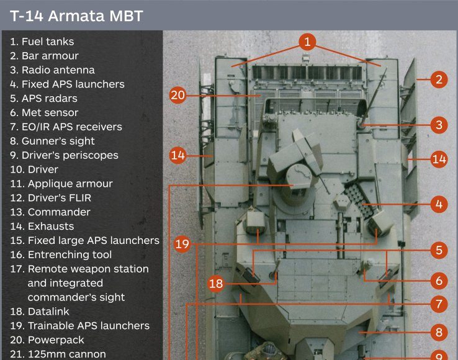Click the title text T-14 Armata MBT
76,16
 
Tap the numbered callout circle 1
307,42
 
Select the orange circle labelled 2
439,79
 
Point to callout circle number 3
439,125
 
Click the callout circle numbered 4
439,204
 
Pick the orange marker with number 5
439,251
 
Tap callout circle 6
439,281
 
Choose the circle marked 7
439,304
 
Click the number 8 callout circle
439,332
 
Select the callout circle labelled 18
216,284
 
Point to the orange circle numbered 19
182,244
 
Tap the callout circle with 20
178,95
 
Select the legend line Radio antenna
52,70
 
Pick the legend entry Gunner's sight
52,141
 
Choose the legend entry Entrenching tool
61,254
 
